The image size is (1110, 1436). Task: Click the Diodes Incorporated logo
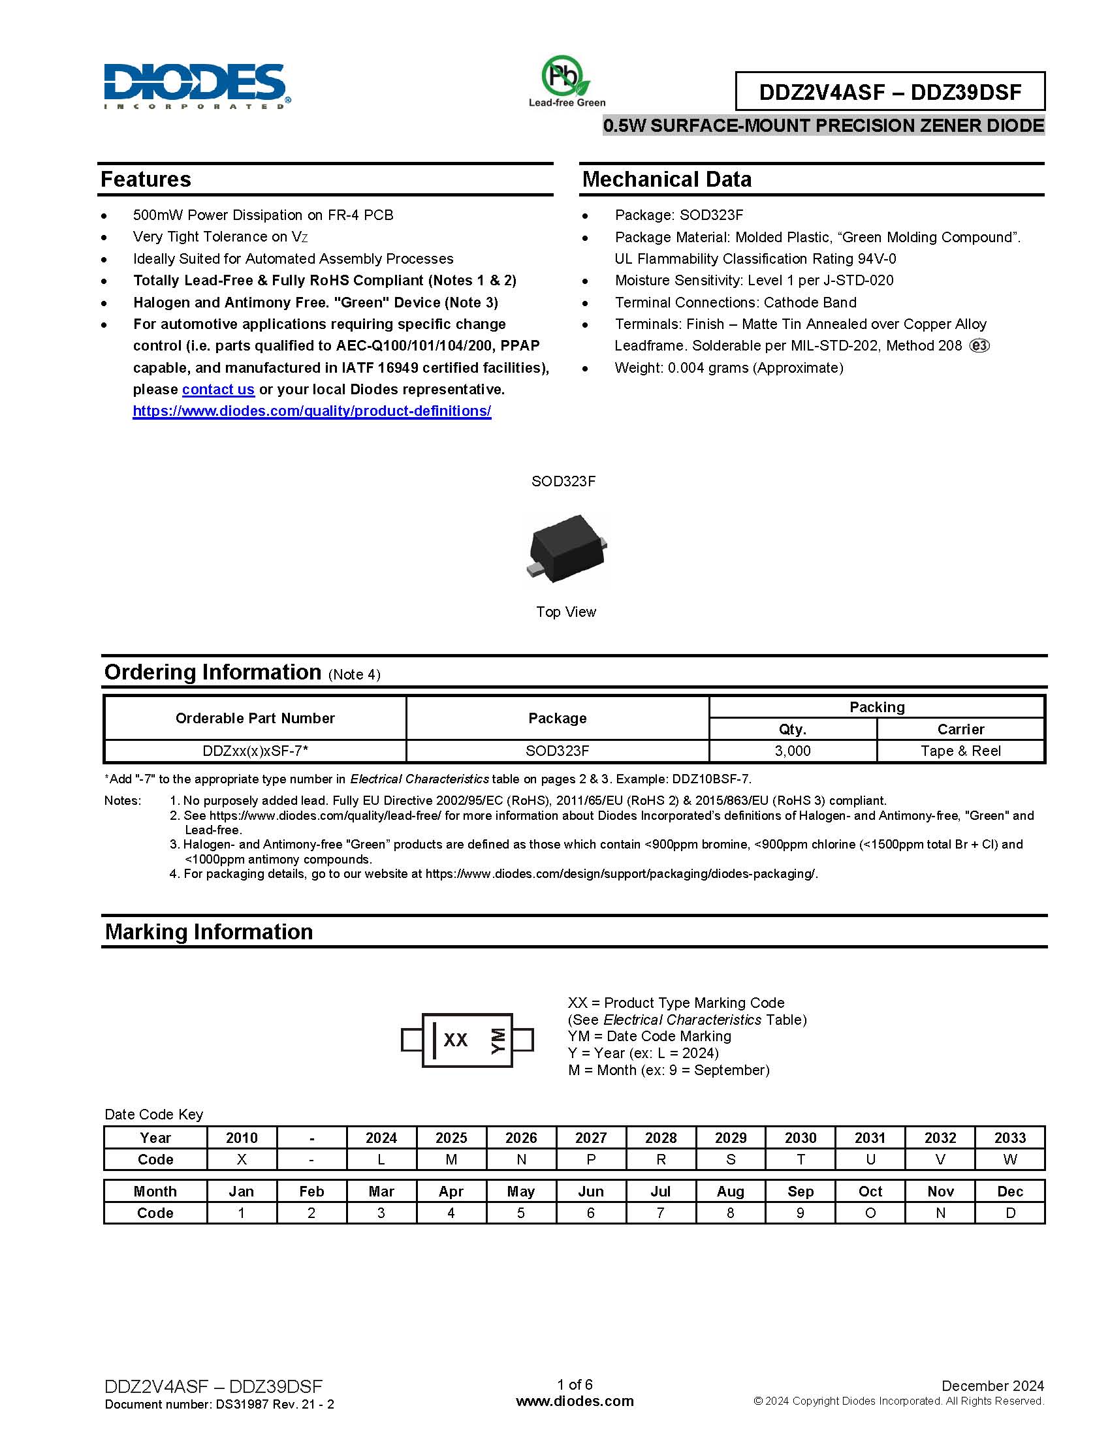(196, 86)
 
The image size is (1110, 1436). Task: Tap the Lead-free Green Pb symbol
(565, 76)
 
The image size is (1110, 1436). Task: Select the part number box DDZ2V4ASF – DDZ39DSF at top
(890, 91)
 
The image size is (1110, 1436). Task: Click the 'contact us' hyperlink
(217, 389)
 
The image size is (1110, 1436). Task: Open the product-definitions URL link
(311, 411)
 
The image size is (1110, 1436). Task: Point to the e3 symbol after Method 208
(979, 346)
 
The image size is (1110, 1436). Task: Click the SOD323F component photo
(566, 546)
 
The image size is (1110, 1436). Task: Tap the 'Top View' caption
(565, 612)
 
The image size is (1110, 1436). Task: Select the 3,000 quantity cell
(793, 751)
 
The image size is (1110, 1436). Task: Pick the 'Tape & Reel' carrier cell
(960, 751)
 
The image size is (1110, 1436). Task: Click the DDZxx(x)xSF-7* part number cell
(255, 751)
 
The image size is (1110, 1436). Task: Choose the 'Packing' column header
(876, 707)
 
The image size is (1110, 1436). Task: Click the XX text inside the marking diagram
(455, 1040)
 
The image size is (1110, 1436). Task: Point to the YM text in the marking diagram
(498, 1040)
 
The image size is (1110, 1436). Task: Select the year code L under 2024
(381, 1159)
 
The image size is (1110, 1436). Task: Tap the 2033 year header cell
(1009, 1138)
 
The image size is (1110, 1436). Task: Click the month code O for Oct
(870, 1213)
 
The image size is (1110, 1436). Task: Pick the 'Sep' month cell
(801, 1191)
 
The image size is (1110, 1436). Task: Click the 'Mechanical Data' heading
(666, 179)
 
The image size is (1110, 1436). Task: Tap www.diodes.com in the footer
(575, 1401)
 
